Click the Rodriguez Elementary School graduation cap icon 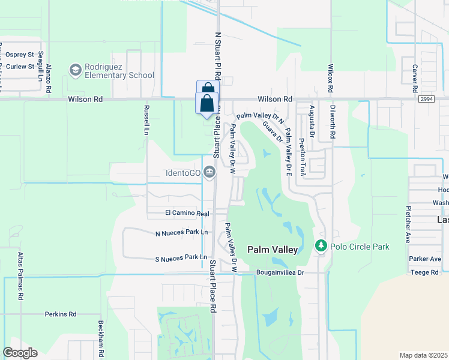75,71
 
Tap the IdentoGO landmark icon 209,173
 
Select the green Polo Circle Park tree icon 321,246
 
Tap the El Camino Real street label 187,213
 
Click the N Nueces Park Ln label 181,232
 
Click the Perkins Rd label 61,314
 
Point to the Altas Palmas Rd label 20,276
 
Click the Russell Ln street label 146,120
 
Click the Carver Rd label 414,75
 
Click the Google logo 20,353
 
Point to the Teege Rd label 426,272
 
